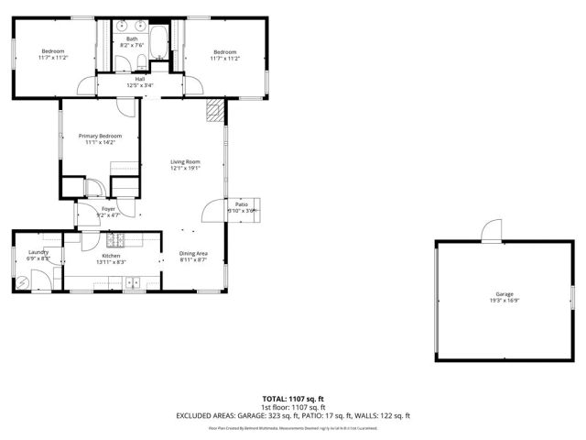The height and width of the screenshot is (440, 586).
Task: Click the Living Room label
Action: point(185,161)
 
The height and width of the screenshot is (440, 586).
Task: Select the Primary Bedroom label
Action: point(100,136)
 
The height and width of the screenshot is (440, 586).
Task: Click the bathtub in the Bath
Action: point(161,41)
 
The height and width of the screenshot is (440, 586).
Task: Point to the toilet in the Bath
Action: point(137,61)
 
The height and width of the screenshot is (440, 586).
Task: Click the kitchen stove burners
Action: point(115,241)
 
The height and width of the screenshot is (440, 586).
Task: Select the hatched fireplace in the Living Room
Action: point(214,111)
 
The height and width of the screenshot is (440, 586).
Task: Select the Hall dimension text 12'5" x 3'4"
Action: point(140,86)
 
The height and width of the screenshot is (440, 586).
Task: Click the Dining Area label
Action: point(193,254)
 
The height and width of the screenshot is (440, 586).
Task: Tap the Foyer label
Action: point(108,208)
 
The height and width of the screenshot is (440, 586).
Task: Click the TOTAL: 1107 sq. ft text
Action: point(293,399)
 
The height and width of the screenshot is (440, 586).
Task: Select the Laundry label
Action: point(38,252)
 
